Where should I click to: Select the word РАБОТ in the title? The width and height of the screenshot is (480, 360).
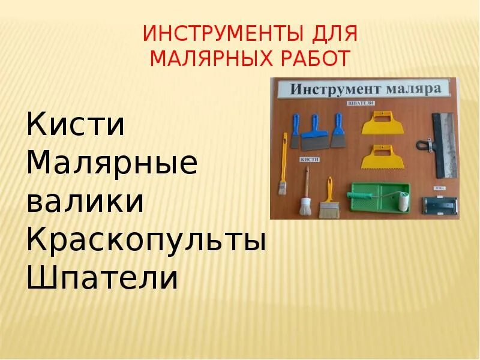tap(317, 59)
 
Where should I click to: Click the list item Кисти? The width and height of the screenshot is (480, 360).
tap(76, 125)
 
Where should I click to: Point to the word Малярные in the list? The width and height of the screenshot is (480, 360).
tap(112, 163)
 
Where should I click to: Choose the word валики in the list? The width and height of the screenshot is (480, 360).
tap(85, 201)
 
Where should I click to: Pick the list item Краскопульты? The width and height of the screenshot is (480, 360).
tap(146, 240)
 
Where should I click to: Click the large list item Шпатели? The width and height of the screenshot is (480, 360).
tap(103, 278)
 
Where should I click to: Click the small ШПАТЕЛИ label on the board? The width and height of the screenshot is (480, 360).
tap(361, 103)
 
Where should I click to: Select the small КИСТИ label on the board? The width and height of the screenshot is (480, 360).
tap(310, 160)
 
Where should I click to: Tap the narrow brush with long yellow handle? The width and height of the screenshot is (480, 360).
tap(281, 174)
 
